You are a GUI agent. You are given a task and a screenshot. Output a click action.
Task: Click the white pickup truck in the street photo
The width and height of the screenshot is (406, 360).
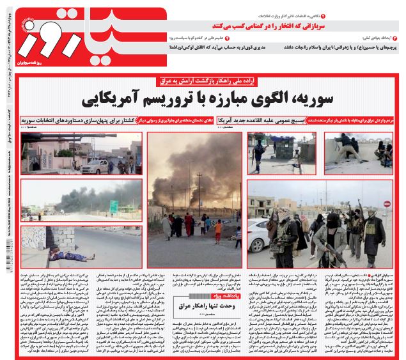click(x=95, y=168)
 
